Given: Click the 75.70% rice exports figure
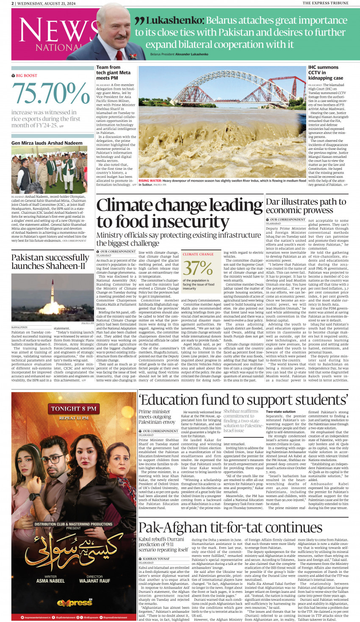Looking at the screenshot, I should [51, 94].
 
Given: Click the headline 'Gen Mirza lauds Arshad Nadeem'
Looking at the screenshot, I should [47, 143].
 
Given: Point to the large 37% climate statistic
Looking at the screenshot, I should [198, 268].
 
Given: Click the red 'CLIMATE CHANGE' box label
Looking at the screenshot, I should [198, 254].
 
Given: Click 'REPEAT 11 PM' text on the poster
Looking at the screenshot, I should [74, 418].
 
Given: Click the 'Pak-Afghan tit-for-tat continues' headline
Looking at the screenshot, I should [230, 528].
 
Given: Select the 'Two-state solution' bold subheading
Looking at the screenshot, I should [280, 411].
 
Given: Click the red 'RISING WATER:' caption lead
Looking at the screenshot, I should [150, 181].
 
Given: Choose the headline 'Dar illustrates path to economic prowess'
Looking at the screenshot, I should [306, 206].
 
